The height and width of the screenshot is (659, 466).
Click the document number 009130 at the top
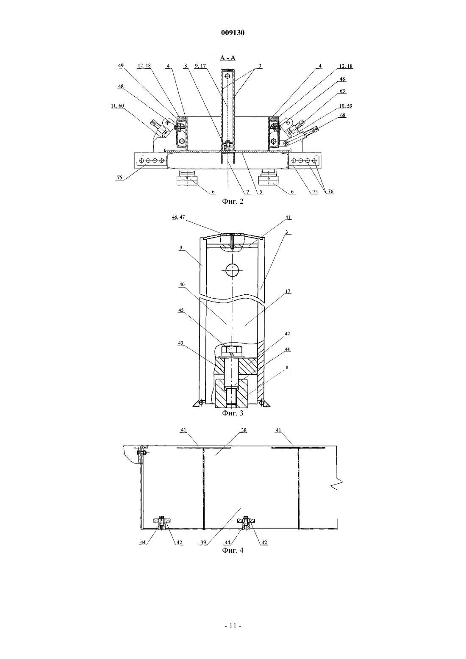(x=233, y=33)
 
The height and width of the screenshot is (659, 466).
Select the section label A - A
(x=228, y=58)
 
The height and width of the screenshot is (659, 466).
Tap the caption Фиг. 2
(x=233, y=201)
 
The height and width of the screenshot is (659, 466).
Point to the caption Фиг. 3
(x=233, y=413)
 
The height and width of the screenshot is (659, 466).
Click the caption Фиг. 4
(x=233, y=550)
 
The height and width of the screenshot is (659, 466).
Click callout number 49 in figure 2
(x=121, y=66)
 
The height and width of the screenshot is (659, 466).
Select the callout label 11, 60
(x=117, y=106)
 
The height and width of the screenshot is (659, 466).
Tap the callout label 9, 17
(x=201, y=66)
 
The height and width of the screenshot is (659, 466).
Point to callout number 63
(x=342, y=91)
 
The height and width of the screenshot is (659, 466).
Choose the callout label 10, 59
(x=346, y=105)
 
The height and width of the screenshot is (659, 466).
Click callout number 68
(x=343, y=115)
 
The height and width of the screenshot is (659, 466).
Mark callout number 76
(x=331, y=191)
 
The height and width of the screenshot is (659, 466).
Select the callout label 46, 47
(x=178, y=217)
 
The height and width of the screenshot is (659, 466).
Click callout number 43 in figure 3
(x=180, y=343)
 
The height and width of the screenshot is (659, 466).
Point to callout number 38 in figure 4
(x=244, y=430)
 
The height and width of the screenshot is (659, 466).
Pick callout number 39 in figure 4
(x=203, y=543)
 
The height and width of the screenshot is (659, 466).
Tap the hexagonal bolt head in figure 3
(x=232, y=350)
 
